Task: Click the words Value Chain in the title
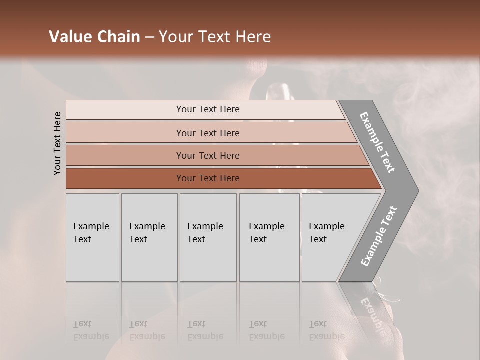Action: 94,37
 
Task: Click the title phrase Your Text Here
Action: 215,37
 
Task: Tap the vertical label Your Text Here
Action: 57,143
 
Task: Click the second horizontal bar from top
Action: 207,133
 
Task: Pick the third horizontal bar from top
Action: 207,155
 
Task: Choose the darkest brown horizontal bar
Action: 207,178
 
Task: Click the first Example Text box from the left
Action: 92,237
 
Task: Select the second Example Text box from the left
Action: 149,237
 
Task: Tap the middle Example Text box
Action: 208,237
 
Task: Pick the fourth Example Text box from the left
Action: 269,237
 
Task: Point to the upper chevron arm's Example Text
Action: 377,142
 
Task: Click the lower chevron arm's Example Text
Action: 379,236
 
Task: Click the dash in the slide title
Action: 149,37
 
